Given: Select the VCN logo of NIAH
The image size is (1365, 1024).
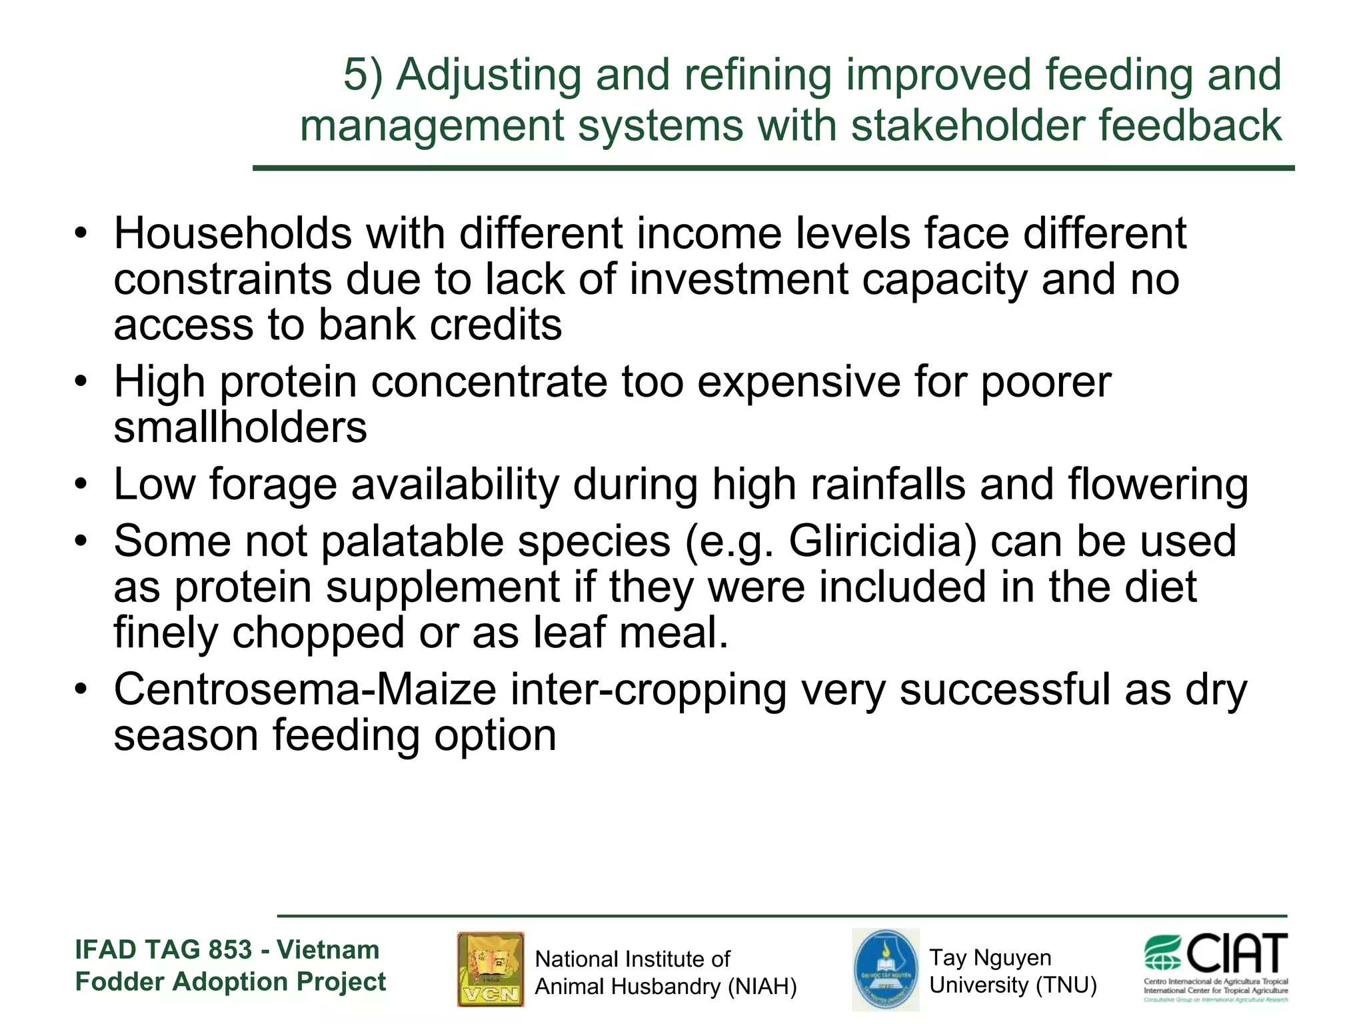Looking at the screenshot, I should click(491, 969).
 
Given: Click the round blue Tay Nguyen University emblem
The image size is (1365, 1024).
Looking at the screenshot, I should click(885, 969).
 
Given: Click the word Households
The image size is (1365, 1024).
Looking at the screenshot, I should click(233, 234).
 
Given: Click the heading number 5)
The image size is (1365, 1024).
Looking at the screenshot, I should click(363, 74).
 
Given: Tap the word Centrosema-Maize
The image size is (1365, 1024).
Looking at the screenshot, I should click(305, 690).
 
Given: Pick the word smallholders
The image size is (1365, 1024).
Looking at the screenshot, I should click(240, 427).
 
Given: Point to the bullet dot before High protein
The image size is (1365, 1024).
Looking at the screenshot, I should click(81, 382).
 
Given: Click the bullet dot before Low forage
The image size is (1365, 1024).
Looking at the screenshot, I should click(81, 485).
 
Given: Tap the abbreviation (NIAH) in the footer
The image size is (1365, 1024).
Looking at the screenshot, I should click(761, 987).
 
